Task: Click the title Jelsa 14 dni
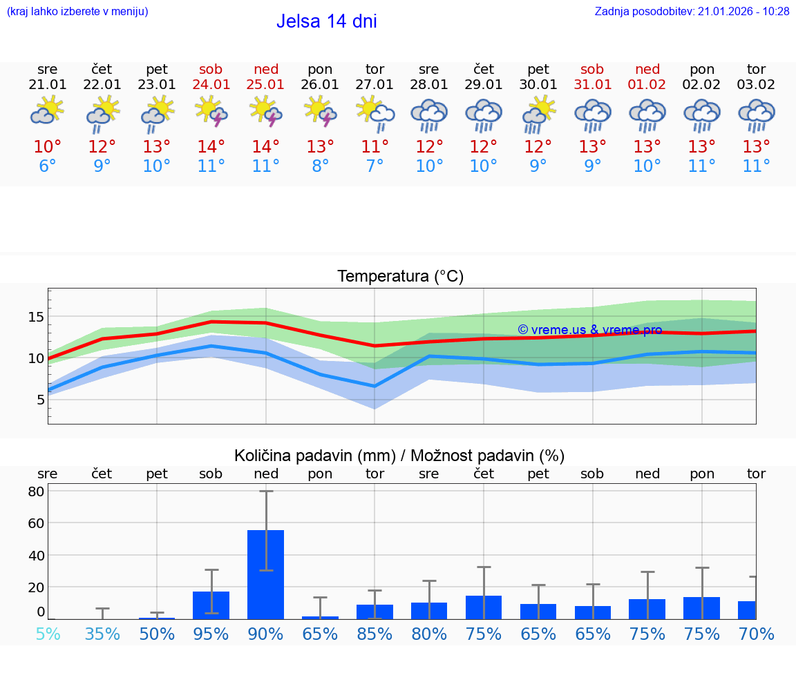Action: tap(326, 21)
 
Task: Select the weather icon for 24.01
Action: tap(211, 113)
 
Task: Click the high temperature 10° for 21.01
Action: tap(48, 147)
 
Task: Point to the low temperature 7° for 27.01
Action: tap(375, 166)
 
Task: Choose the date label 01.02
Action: tap(647, 85)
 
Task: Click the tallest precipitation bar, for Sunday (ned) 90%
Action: tap(266, 574)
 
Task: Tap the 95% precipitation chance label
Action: tap(211, 634)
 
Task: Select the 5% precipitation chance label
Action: tap(48, 634)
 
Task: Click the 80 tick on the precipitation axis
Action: tap(36, 491)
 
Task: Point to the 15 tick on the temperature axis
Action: tap(36, 317)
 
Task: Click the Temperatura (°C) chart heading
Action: tap(400, 277)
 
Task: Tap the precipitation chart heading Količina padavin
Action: tap(399, 456)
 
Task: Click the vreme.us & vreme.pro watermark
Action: tap(589, 330)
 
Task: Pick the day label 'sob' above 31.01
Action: tap(592, 69)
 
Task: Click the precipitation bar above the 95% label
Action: tap(211, 605)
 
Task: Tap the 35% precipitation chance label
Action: tap(102, 634)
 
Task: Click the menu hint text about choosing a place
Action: tap(77, 12)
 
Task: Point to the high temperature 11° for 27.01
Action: tap(375, 147)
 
